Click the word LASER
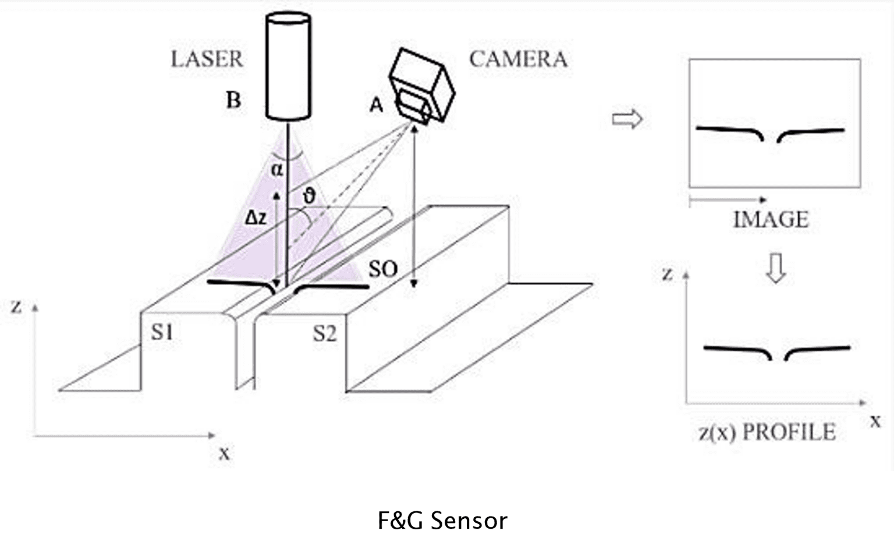(207, 59)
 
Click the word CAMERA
(518, 59)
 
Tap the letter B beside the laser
(233, 101)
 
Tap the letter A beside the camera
(377, 105)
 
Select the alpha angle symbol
(277, 170)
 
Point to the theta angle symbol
(309, 196)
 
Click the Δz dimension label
(256, 218)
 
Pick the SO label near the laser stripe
(383, 269)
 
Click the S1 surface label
(162, 332)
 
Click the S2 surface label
(325, 334)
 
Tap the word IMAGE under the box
(771, 219)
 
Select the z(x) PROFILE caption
(767, 432)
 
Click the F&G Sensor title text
(442, 520)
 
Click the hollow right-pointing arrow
(627, 119)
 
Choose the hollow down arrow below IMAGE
(776, 268)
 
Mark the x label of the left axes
(224, 453)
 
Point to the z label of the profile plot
(668, 273)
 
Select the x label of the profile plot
(875, 421)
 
